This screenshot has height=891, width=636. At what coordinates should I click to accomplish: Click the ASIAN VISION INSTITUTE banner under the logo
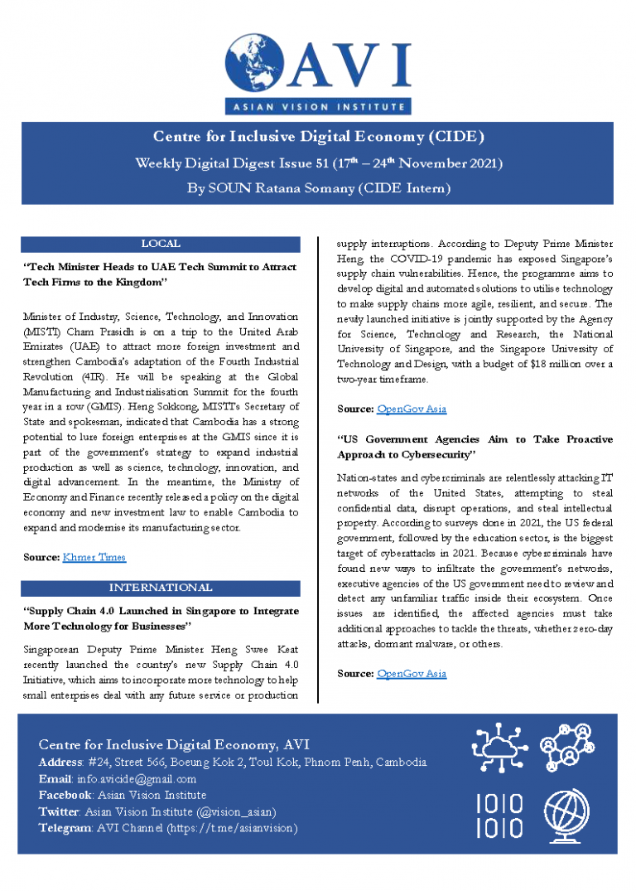click(x=318, y=106)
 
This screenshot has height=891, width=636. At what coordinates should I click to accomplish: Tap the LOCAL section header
click(x=161, y=245)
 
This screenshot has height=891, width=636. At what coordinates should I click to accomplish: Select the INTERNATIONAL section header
click(x=161, y=588)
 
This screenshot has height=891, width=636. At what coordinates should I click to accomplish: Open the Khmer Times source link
click(x=94, y=557)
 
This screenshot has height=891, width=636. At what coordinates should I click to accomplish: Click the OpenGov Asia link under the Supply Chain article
click(x=412, y=409)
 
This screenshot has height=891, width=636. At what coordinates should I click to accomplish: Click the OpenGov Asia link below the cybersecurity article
click(x=412, y=674)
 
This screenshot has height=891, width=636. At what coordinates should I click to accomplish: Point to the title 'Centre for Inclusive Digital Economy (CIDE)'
click(x=318, y=137)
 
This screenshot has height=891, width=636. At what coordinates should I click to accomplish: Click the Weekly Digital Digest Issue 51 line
click(x=318, y=162)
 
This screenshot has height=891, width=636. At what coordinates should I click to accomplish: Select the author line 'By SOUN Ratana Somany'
click(x=318, y=188)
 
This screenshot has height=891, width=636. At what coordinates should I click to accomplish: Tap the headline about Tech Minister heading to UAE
click(x=161, y=275)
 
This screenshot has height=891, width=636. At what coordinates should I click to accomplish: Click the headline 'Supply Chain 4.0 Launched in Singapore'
click(x=161, y=618)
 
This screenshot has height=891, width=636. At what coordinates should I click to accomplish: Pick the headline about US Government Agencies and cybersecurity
click(x=475, y=447)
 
